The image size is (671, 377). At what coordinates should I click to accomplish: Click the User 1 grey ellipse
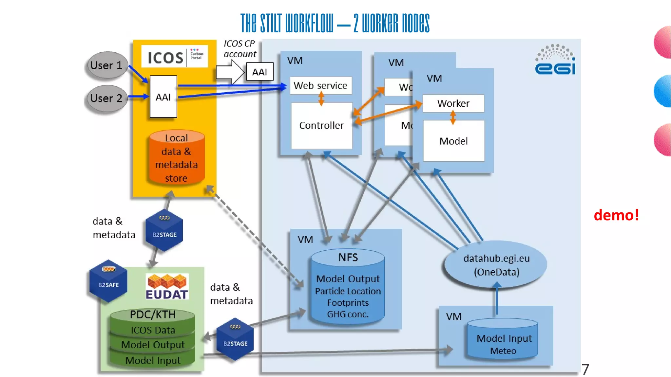pos(106,65)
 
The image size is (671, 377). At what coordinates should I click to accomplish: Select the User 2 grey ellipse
pos(106,98)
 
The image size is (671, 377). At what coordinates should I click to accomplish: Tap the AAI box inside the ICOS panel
pos(163,97)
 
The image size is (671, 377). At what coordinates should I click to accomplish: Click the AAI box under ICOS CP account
pos(259,72)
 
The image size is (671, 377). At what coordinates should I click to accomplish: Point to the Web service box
pos(320,85)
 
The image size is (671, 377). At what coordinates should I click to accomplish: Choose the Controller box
pos(321,126)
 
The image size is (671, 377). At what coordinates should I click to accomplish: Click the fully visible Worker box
pos(453,103)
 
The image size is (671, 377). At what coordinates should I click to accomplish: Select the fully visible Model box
pos(453,141)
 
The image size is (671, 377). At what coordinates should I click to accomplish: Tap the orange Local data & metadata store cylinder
pos(177,158)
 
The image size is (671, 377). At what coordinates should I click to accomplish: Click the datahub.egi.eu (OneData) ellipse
pos(496,265)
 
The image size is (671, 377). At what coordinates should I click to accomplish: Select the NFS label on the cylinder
pos(348,258)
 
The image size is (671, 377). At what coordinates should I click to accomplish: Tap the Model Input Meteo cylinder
pos(503,340)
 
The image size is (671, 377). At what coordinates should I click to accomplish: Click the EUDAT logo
pos(167,287)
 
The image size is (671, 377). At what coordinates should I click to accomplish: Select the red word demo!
pos(616,215)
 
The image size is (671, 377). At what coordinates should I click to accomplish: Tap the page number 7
pos(585,369)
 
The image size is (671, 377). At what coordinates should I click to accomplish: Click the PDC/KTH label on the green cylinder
pos(153,314)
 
